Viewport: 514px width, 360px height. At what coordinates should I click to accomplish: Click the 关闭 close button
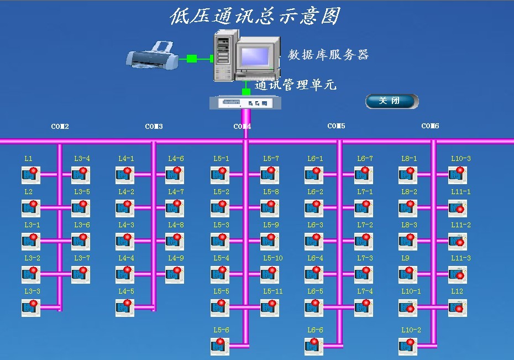391,101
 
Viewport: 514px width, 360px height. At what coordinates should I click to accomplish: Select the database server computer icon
244,55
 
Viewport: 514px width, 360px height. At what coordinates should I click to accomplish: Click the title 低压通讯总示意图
254,16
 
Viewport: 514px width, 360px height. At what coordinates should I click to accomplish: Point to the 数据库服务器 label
328,55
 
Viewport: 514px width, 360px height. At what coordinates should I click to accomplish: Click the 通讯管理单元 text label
295,85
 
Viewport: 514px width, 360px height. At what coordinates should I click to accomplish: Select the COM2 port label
60,127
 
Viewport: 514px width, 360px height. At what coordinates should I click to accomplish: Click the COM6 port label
430,126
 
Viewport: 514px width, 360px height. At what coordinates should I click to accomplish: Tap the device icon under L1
30,175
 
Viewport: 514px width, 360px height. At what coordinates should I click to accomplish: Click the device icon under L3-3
30,307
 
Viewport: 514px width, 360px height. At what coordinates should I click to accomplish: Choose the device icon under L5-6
219,346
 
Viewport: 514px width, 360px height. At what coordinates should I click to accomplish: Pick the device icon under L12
457,307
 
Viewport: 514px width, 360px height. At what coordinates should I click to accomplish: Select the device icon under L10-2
407,346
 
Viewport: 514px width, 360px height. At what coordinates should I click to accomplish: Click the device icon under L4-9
174,274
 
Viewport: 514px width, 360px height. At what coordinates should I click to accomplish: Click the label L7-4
365,291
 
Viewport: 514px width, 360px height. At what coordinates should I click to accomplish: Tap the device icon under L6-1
313,175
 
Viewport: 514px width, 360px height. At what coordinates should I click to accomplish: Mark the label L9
405,258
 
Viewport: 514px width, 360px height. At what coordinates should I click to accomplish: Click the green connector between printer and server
192,58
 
